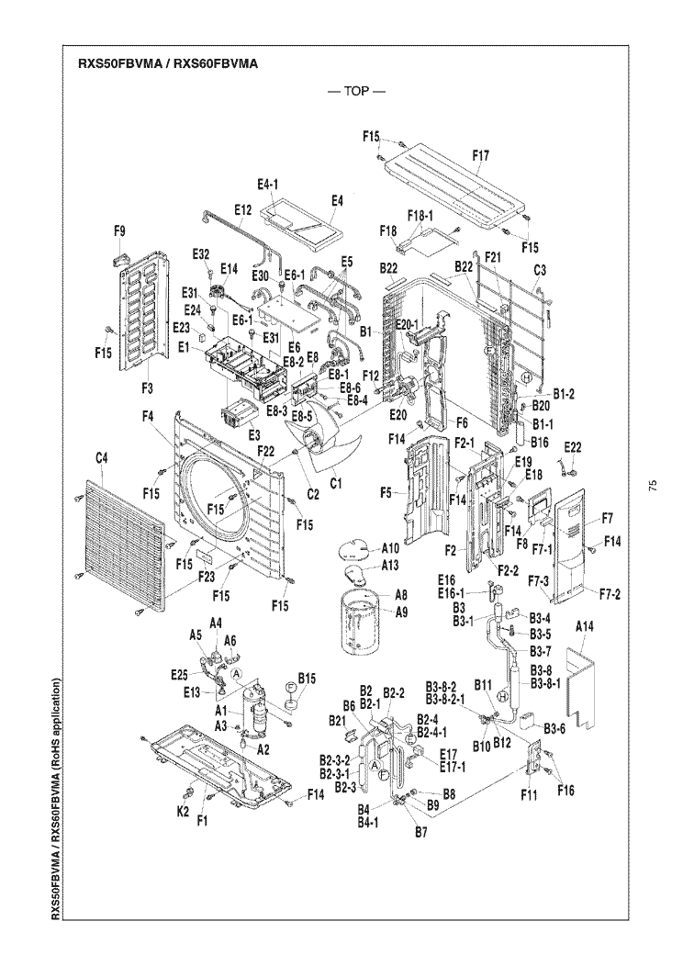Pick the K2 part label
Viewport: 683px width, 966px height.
(183, 812)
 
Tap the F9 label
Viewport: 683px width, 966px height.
(119, 232)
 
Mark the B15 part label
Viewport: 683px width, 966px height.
(307, 679)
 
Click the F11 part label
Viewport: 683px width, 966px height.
(530, 794)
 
